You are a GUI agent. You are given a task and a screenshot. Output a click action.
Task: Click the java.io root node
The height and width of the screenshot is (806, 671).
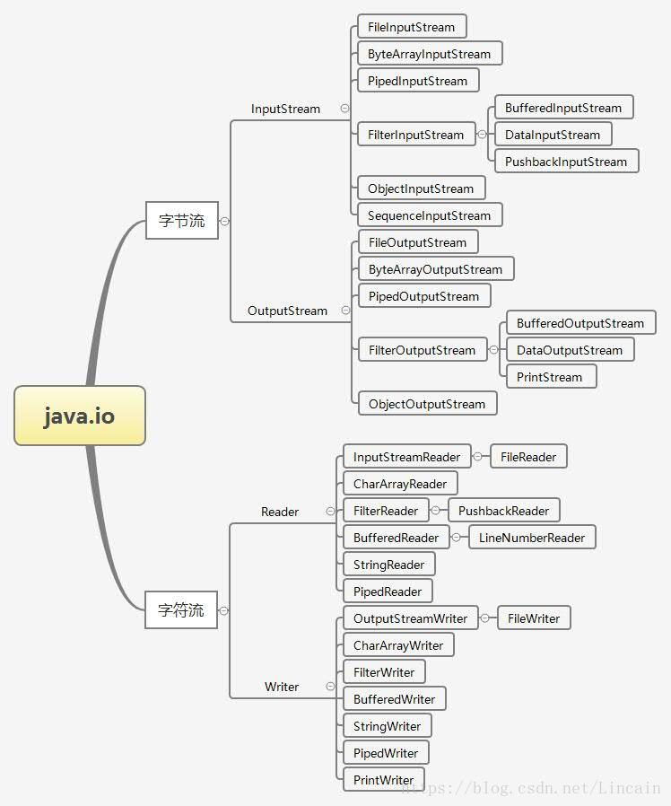pyautogui.click(x=80, y=416)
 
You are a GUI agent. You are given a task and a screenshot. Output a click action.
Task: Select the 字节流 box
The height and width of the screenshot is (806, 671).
pyautogui.click(x=182, y=220)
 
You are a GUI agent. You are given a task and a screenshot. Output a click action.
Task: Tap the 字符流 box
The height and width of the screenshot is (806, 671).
pyautogui.click(x=181, y=610)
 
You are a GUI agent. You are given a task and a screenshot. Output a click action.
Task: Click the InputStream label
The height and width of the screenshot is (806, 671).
pyautogui.click(x=285, y=109)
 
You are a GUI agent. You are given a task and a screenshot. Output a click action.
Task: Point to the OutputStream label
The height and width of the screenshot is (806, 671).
pyautogui.click(x=287, y=311)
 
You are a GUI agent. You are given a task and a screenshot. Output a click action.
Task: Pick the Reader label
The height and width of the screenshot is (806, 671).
pyautogui.click(x=280, y=512)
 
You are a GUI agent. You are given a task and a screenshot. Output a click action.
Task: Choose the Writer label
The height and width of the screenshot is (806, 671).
pyautogui.click(x=282, y=687)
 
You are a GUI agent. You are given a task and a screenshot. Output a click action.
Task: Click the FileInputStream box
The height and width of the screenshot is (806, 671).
pyautogui.click(x=411, y=27)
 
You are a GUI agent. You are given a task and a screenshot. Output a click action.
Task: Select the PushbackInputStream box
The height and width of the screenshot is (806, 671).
pyautogui.click(x=565, y=162)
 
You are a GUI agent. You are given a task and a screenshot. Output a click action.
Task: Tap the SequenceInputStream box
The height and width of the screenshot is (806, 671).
pyautogui.click(x=429, y=215)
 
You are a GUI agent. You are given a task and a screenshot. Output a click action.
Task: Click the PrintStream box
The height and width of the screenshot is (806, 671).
pyautogui.click(x=549, y=377)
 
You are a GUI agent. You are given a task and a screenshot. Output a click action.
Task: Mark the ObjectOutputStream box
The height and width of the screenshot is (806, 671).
pyautogui.click(x=427, y=404)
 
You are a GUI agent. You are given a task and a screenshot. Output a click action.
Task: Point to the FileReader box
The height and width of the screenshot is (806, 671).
pyautogui.click(x=528, y=457)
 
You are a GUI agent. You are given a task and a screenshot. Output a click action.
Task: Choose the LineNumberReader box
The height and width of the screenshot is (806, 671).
pyautogui.click(x=531, y=538)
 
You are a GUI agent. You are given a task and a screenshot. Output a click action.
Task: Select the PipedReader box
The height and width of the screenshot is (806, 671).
pyautogui.click(x=388, y=591)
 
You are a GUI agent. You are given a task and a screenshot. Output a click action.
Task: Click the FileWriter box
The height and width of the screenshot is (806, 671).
pyautogui.click(x=533, y=618)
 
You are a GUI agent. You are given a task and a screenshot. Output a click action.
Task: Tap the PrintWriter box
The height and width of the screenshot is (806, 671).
pyautogui.click(x=383, y=780)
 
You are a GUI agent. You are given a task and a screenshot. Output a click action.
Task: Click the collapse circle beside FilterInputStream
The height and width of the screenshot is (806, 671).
pyautogui.click(x=482, y=135)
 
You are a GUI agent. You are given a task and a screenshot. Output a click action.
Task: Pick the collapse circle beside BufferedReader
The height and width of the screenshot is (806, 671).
pyautogui.click(x=456, y=538)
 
